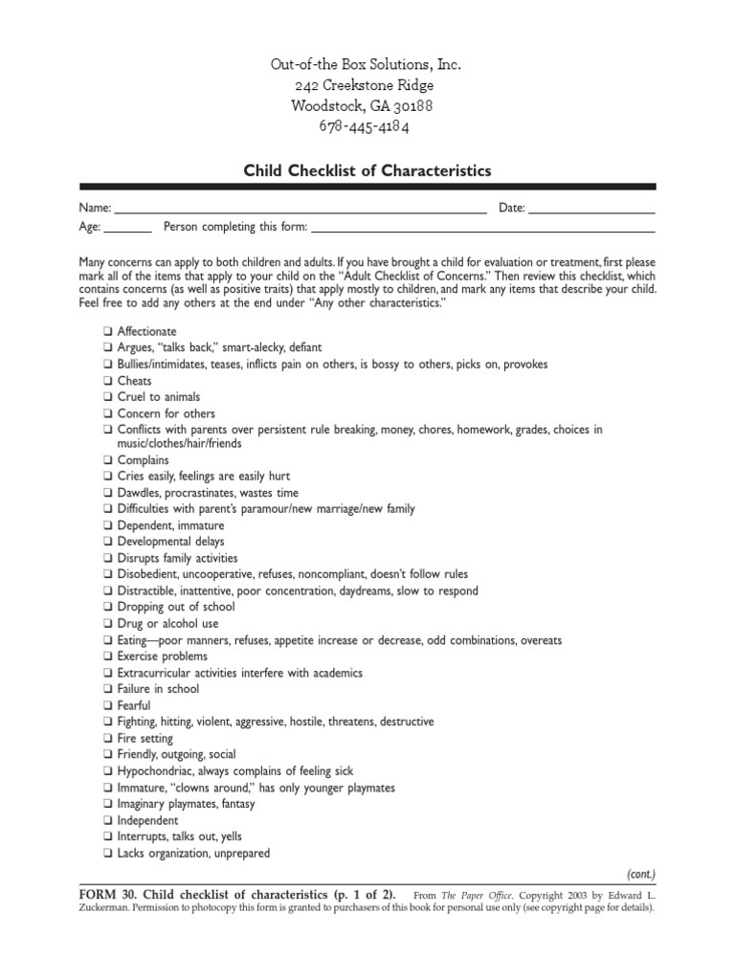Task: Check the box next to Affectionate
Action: tap(108, 331)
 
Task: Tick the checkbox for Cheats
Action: tap(108, 380)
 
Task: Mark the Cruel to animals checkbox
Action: tap(108, 396)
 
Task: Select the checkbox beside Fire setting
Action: tap(108, 739)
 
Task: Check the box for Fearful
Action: tap(108, 705)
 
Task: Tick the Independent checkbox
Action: tap(108, 820)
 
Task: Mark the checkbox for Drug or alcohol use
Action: tap(108, 623)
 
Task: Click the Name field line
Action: tap(301, 209)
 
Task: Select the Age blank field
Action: tap(127, 229)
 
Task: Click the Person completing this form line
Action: tap(483, 229)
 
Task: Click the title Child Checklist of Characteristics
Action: tap(367, 170)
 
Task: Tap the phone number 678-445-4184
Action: tap(367, 126)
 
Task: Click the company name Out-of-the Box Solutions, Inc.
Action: tap(367, 65)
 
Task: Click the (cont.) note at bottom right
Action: tap(640, 874)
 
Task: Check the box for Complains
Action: tap(108, 460)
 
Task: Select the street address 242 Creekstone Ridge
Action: tap(367, 86)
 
